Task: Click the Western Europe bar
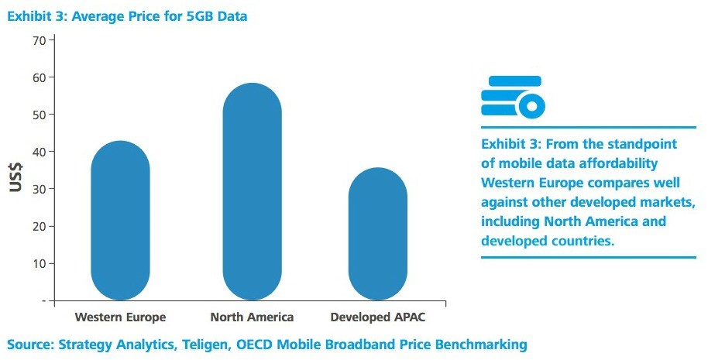click(120, 220)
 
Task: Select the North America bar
click(252, 191)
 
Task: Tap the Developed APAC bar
click(378, 234)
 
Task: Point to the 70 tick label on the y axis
click(40, 40)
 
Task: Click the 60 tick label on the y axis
click(40, 77)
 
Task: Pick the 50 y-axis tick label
click(40, 115)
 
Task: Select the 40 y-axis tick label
click(40, 152)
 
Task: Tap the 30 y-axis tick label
click(40, 189)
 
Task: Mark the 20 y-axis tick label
click(40, 226)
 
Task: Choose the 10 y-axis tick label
click(40, 263)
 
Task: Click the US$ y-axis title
click(15, 177)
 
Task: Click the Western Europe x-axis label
click(120, 317)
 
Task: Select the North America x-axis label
click(252, 317)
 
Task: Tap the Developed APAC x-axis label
click(378, 317)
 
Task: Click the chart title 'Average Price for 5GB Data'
click(160, 16)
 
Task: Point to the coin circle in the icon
click(531, 106)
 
